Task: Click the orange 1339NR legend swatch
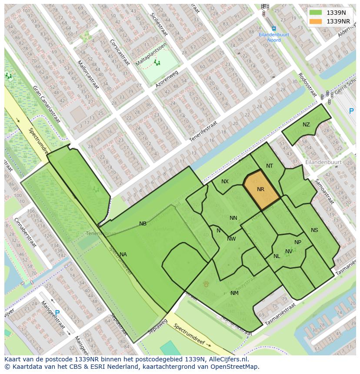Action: pyautogui.click(x=316, y=21)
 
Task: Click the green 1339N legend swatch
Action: pyautogui.click(x=316, y=13)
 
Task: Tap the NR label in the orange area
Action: pyautogui.click(x=261, y=189)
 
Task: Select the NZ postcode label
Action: pyautogui.click(x=307, y=125)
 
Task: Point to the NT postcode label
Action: pyautogui.click(x=270, y=166)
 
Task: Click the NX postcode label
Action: pyautogui.click(x=225, y=182)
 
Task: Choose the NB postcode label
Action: pyautogui.click(x=143, y=224)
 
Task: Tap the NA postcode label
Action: pyautogui.click(x=123, y=255)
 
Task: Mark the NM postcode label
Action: pyautogui.click(x=234, y=293)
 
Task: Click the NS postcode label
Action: pyautogui.click(x=314, y=230)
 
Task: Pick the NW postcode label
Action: pyautogui.click(x=231, y=239)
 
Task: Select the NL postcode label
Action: pyautogui.click(x=277, y=256)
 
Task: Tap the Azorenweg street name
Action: pyautogui.click(x=167, y=80)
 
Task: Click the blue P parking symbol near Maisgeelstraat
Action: pyautogui.click(x=57, y=312)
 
